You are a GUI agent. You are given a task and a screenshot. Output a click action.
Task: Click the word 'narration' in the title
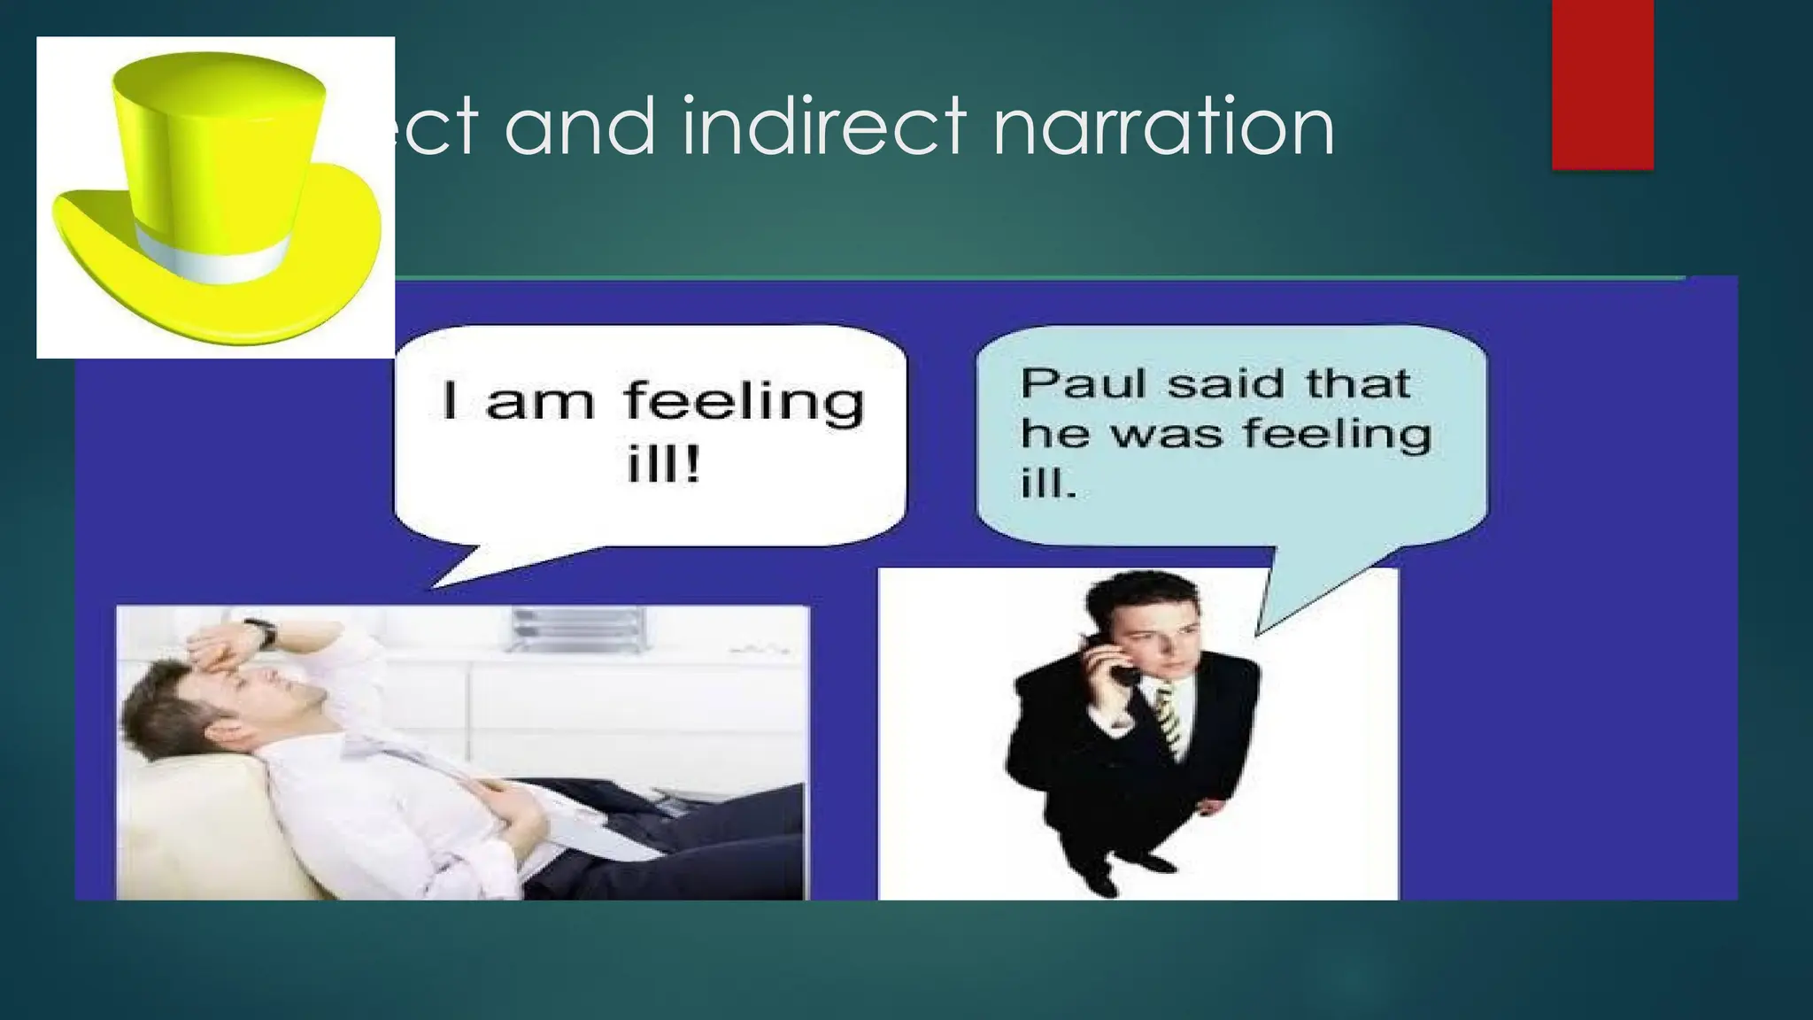[x=1163, y=127]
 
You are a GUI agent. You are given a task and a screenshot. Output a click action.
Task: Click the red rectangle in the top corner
[x=1602, y=84]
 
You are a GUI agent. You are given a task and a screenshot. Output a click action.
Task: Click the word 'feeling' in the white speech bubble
[x=744, y=403]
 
